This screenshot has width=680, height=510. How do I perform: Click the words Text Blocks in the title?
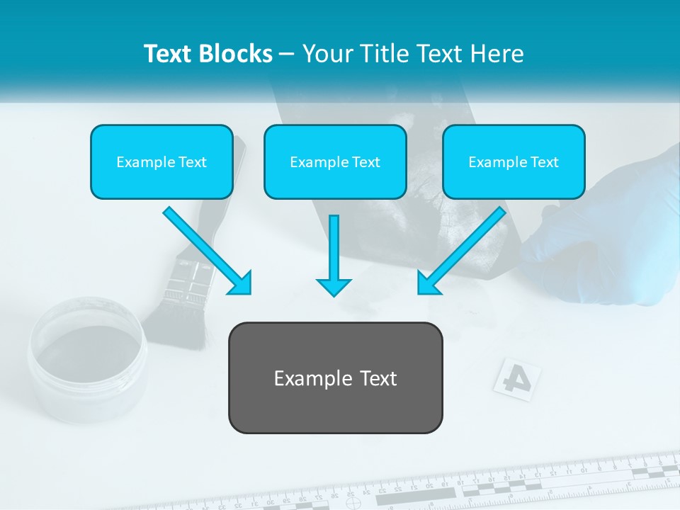(208, 54)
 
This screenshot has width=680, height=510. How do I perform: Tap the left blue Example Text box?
(161, 161)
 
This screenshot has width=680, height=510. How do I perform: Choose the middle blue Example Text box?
(335, 161)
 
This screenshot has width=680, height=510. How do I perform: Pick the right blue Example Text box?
(514, 161)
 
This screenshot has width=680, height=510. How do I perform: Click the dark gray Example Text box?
(335, 378)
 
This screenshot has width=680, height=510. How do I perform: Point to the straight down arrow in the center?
(334, 255)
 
